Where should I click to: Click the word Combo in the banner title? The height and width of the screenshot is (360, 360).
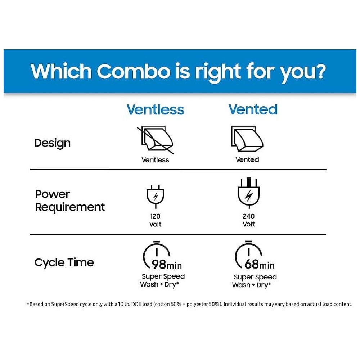click(x=134, y=71)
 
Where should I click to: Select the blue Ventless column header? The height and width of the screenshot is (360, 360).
click(x=156, y=109)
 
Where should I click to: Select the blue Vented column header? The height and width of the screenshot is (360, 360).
click(x=253, y=109)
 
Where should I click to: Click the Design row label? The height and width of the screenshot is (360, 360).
click(x=52, y=143)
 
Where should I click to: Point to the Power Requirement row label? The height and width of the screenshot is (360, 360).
click(x=70, y=201)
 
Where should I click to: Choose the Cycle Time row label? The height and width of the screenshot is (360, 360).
click(x=64, y=262)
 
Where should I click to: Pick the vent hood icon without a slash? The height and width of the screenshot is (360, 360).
click(x=247, y=139)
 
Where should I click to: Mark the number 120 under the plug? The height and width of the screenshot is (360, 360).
click(x=156, y=216)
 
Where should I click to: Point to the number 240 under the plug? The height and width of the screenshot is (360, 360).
click(x=249, y=216)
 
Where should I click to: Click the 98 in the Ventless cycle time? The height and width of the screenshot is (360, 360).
click(x=159, y=264)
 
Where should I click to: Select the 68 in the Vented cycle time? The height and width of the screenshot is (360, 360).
click(x=251, y=264)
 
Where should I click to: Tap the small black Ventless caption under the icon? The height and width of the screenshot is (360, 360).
click(x=155, y=160)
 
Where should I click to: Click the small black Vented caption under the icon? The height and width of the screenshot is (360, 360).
click(x=247, y=159)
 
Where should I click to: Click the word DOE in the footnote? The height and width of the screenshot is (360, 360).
click(x=136, y=304)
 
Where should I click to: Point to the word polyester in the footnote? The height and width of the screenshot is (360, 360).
click(x=197, y=305)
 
